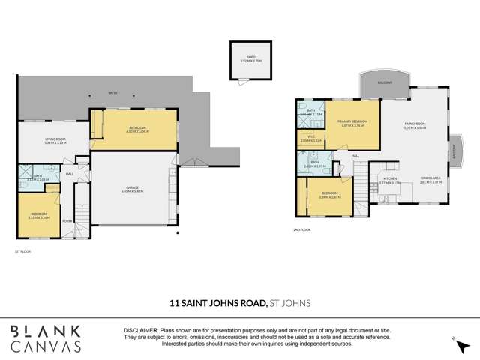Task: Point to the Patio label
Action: pos(112,93)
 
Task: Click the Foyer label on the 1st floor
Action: pos(67,221)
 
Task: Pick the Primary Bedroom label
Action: pos(352,122)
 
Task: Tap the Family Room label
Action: pos(415,124)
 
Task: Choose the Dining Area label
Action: pos(431,181)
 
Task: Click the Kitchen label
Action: pos(391,181)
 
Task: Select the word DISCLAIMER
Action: pos(142,331)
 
